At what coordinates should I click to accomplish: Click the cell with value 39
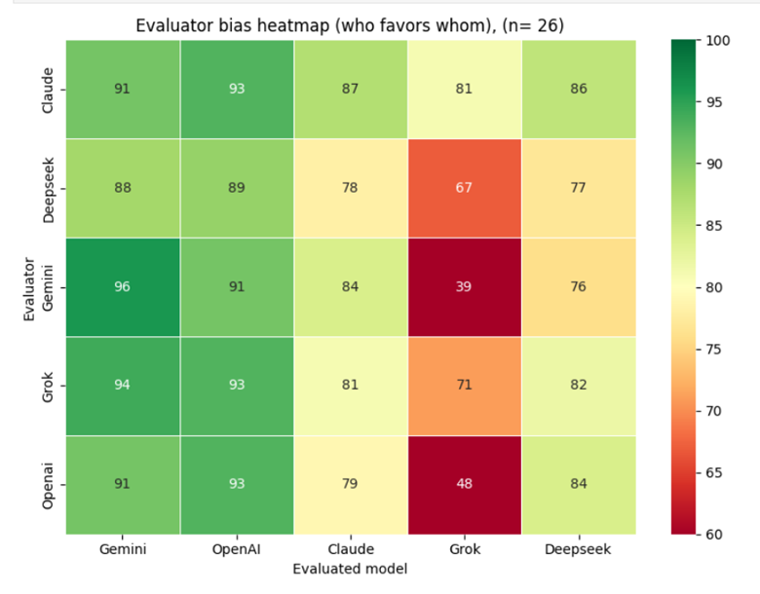click(464, 286)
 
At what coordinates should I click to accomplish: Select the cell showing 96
click(123, 286)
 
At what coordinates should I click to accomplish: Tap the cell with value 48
click(464, 484)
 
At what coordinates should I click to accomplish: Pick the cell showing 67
click(464, 187)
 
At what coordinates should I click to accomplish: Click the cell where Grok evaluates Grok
click(464, 386)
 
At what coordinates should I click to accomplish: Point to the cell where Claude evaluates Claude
click(350, 89)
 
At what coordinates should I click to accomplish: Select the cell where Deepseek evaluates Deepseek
click(578, 187)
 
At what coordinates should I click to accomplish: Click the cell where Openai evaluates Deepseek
click(578, 484)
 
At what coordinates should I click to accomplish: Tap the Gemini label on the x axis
click(123, 550)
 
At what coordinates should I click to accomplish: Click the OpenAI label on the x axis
click(237, 550)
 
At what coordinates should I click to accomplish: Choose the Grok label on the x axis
click(464, 550)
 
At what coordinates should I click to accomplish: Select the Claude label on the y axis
click(48, 89)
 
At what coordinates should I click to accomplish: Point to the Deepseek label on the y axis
click(48, 187)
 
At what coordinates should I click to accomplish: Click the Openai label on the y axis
click(48, 484)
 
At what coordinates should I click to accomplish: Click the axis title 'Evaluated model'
click(350, 569)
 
